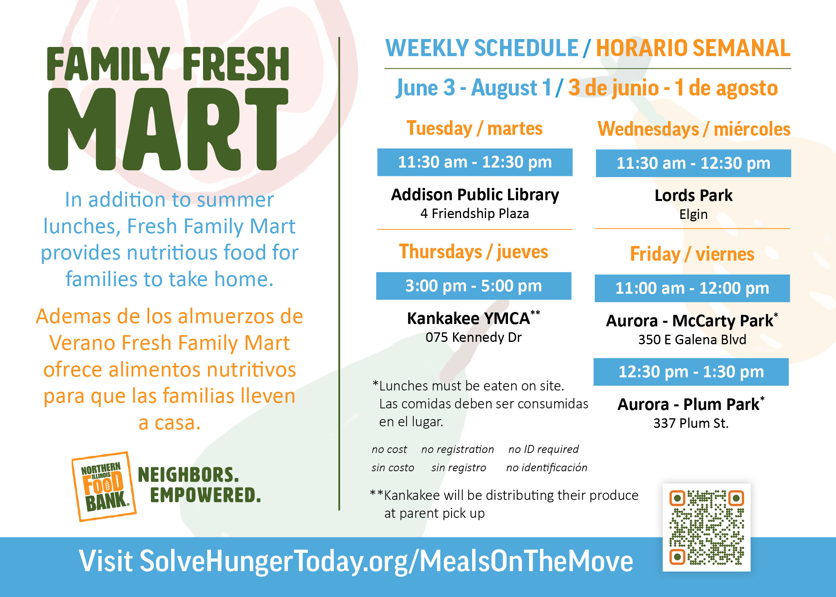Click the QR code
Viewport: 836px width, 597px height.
[707, 528]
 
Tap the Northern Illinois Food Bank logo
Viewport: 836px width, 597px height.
[104, 487]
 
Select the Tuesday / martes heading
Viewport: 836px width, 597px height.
[475, 129]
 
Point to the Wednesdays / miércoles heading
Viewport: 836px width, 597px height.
[694, 129]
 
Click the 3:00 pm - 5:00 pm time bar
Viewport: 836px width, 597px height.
[474, 286]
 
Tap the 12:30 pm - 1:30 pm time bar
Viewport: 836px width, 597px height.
[691, 372]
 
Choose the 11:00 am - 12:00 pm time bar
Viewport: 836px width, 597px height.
[692, 288]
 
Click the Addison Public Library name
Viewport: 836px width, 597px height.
[475, 195]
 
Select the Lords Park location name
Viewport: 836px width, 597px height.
[693, 195]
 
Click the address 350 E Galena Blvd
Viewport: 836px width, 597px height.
[692, 339]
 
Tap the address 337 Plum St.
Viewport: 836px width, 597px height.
[691, 423]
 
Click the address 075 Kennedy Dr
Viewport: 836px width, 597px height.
[473, 337]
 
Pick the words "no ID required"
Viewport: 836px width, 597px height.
[543, 449]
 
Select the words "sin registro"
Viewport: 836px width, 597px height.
[459, 468]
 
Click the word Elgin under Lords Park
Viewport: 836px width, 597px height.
[693, 215]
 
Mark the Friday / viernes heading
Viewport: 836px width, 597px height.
[692, 254]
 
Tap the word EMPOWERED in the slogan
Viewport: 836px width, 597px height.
[205, 495]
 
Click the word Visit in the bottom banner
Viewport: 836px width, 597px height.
[106, 561]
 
